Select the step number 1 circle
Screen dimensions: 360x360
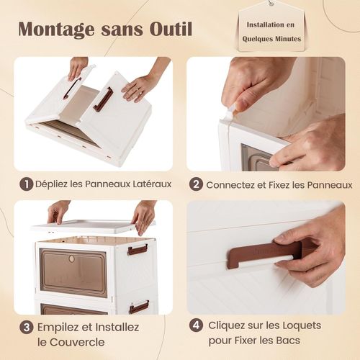(26, 184)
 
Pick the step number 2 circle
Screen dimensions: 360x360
(196, 184)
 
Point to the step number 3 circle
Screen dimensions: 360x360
(26, 327)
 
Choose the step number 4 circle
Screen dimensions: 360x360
(196, 325)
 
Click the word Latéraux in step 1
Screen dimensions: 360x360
(149, 184)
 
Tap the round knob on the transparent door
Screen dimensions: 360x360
(71, 258)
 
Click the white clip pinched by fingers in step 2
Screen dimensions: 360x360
(230, 111)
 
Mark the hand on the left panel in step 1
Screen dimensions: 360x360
(78, 67)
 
